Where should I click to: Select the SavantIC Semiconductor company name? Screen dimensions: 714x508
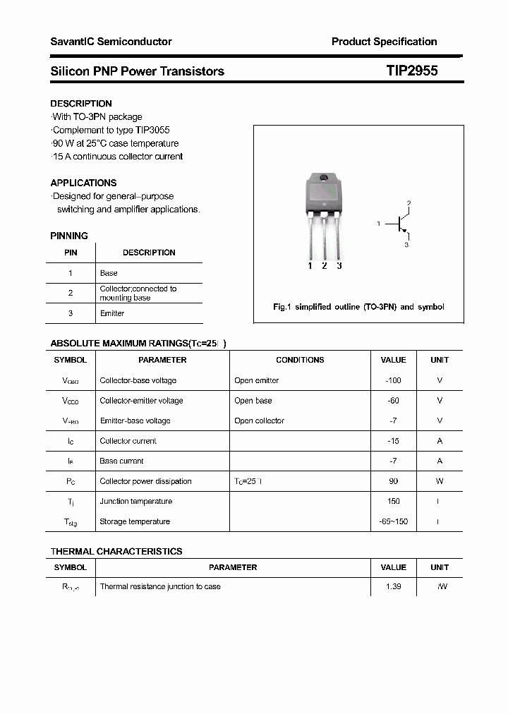point(111,42)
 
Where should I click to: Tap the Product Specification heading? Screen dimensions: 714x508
point(384,42)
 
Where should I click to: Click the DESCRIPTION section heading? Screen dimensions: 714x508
point(81,104)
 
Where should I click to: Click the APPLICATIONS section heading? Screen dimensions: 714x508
point(83,183)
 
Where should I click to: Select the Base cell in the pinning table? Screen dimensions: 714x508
point(109,273)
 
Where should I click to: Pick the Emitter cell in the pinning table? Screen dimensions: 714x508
point(112,313)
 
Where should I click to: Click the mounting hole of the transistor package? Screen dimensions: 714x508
point(325,178)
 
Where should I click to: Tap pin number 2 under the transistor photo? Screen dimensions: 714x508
point(324,266)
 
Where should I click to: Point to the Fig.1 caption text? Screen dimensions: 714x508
point(358,308)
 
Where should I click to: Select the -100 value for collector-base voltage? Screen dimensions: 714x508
point(393,380)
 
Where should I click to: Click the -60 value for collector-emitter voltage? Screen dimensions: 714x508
point(393,401)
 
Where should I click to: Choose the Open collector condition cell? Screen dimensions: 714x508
point(259,421)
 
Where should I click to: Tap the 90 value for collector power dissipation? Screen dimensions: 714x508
point(393,481)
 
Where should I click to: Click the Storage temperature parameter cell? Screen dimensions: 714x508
point(135,522)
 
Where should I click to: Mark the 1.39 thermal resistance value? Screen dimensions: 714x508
point(393,587)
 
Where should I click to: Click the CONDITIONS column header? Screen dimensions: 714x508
point(300,360)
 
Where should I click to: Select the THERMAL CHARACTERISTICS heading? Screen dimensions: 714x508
point(116,552)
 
